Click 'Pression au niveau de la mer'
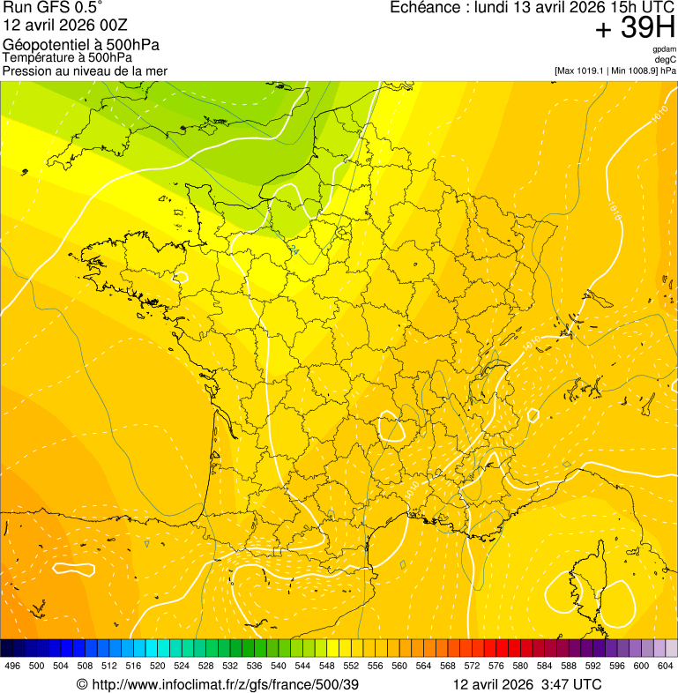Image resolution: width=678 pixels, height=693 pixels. pyautogui.click(x=85, y=71)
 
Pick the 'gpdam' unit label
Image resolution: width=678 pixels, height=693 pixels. pyautogui.click(x=664, y=49)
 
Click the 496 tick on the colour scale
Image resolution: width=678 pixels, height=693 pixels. pyautogui.click(x=12, y=667)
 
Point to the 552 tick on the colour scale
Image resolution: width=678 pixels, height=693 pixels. pyautogui.click(x=350, y=667)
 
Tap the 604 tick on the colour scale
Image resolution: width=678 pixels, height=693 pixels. pyautogui.click(x=666, y=667)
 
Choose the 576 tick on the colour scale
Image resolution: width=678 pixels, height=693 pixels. pyautogui.click(x=496, y=667)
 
